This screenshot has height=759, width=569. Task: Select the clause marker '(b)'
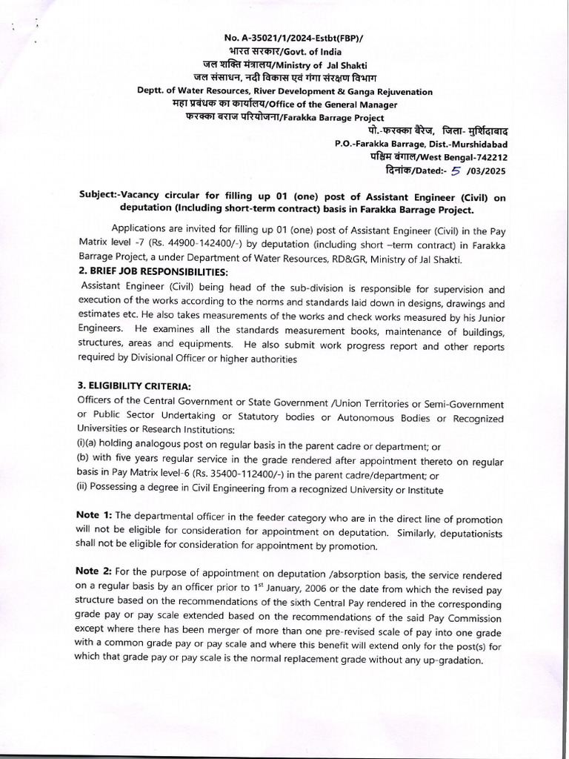tap(83, 460)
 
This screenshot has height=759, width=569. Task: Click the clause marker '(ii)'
tap(82, 489)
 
